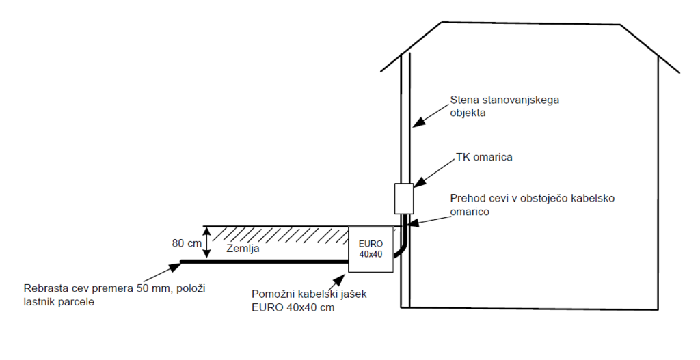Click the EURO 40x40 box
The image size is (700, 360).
(371, 249)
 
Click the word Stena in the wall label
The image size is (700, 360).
(463, 100)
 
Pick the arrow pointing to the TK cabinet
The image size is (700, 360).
(430, 173)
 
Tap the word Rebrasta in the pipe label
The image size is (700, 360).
(44, 288)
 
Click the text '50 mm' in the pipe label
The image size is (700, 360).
(152, 288)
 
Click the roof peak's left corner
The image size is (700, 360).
(443, 23)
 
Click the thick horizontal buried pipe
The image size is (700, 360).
(267, 261)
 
